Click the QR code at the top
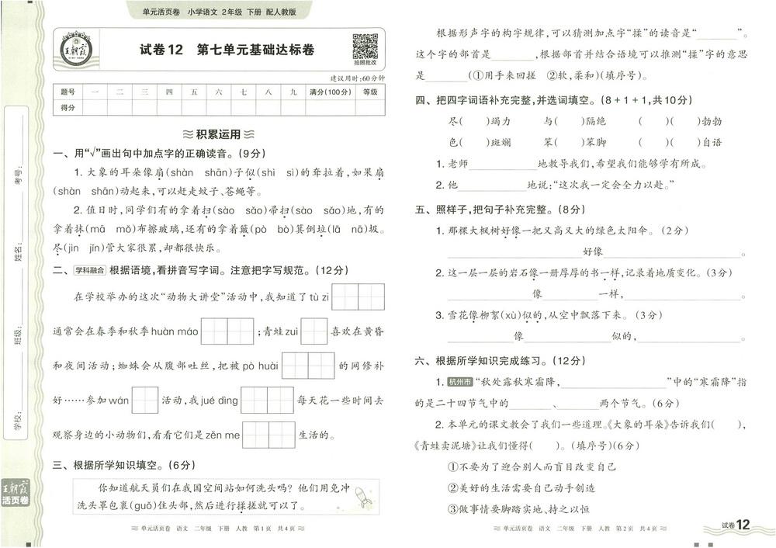coord(365,47)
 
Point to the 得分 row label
coord(68,108)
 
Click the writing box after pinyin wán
coord(145,400)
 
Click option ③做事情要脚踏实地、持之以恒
coord(518,509)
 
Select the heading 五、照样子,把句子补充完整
coord(497,210)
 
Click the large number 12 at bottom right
coord(743,525)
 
